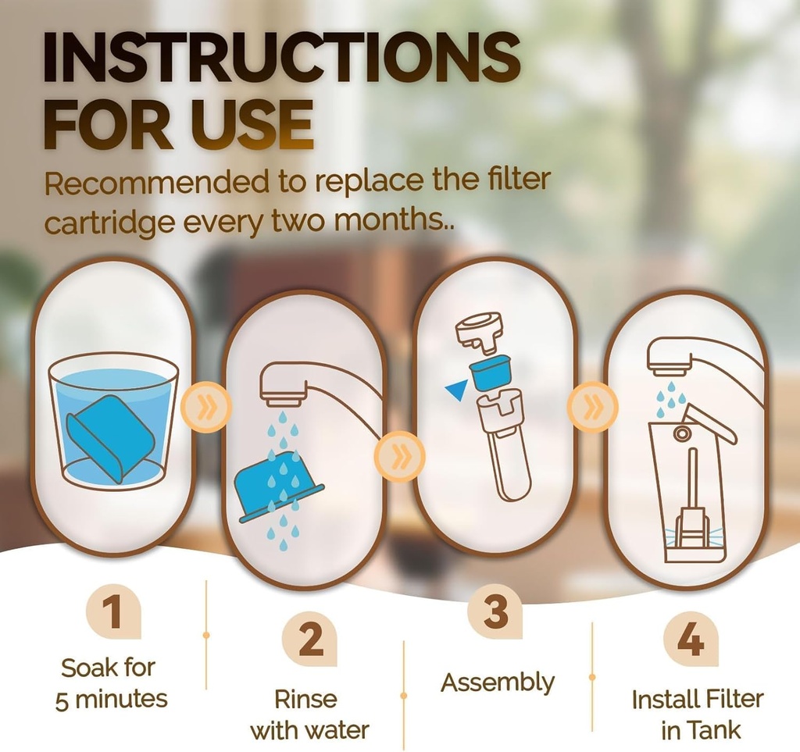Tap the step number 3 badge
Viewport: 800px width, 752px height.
[x=495, y=611]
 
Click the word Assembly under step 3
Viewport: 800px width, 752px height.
[x=497, y=683]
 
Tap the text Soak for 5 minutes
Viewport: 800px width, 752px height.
[x=111, y=683]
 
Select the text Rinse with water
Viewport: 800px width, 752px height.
[x=309, y=715]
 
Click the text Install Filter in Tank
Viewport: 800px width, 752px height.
[x=697, y=715]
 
